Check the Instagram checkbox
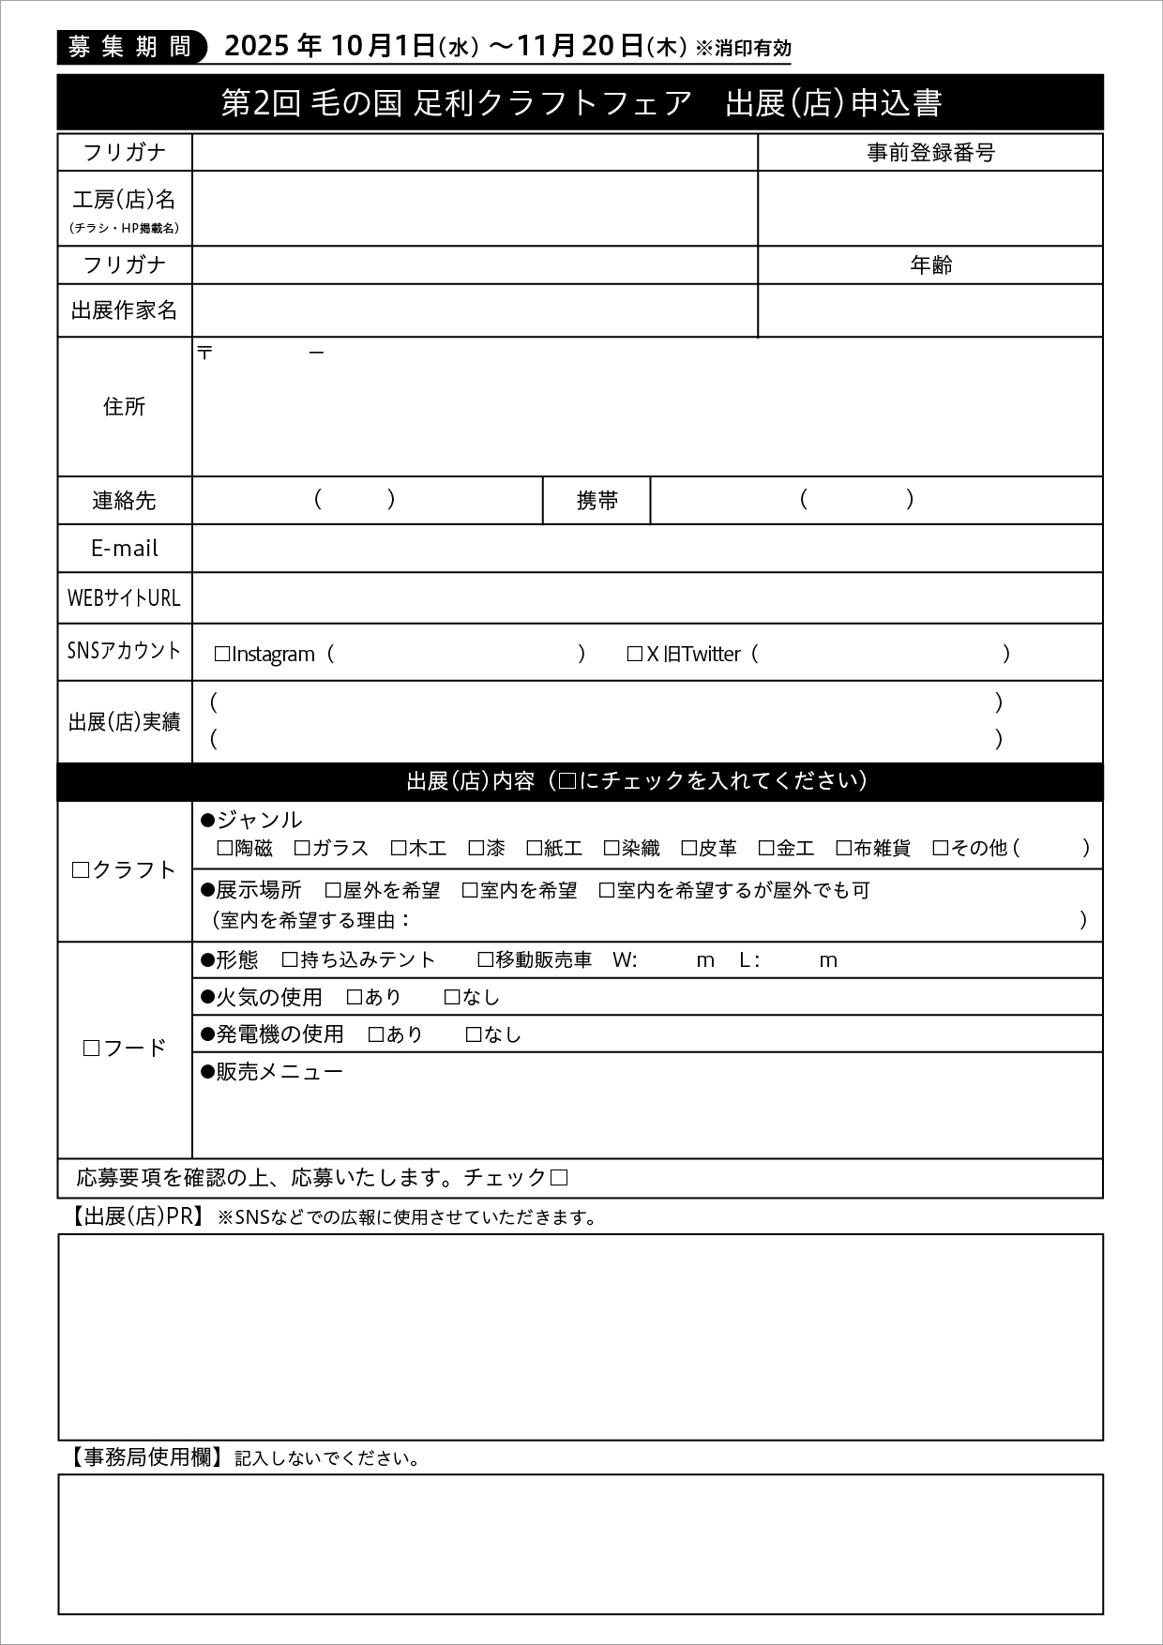tap(222, 655)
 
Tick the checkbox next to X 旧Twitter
tap(635, 655)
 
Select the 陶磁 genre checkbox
tap(225, 849)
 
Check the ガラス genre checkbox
tap(302, 849)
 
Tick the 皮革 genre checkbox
tap(689, 849)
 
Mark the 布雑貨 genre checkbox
tap(844, 849)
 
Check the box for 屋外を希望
tap(333, 890)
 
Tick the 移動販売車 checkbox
tap(486, 959)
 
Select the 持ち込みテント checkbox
tap(291, 959)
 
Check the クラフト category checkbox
tap(81, 870)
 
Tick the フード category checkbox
tap(91, 1049)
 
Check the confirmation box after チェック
tap(559, 1178)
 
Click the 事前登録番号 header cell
tap(930, 153)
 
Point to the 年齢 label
tap(930, 265)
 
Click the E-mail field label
tap(125, 549)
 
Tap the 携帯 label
tap(597, 501)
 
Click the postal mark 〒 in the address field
tap(205, 353)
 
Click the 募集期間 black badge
tap(130, 47)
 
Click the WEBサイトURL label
tap(125, 598)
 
